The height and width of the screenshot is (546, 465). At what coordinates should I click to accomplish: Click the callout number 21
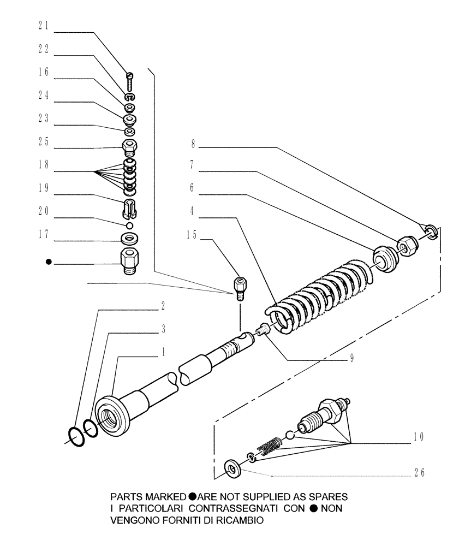43,25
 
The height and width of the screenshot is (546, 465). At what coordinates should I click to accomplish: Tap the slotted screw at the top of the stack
129,81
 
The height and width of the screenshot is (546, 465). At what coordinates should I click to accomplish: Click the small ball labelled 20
129,225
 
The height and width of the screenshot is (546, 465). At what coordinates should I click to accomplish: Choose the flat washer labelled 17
129,238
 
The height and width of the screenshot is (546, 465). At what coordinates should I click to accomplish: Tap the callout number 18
43,165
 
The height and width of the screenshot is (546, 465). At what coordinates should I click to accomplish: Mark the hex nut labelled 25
129,146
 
